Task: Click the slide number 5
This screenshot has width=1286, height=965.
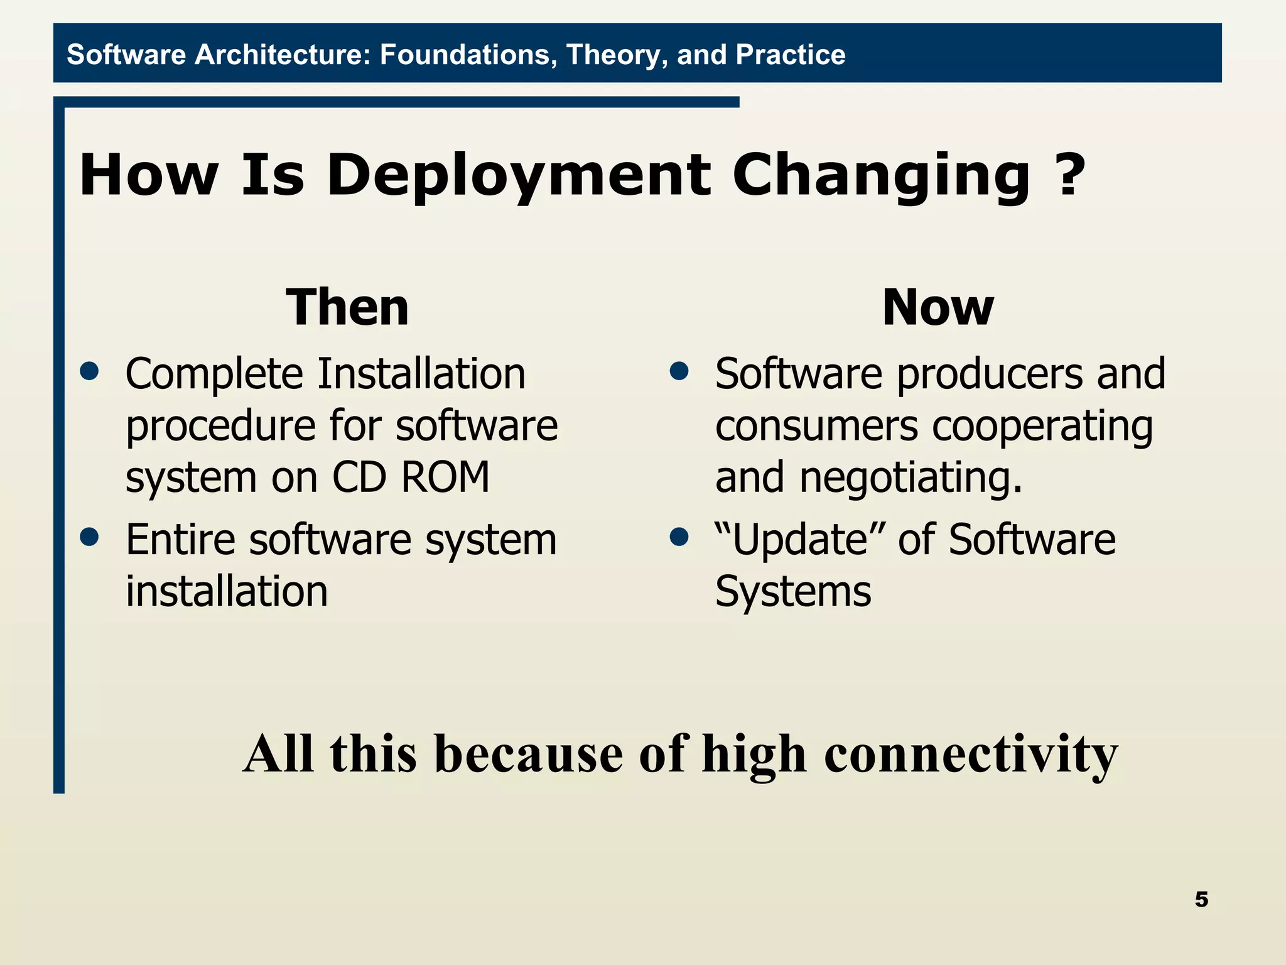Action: [x=1201, y=900]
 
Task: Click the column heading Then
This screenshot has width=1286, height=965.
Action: [x=347, y=307]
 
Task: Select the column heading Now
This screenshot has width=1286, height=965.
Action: [x=937, y=307]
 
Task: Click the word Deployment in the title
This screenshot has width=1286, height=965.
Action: [x=519, y=176]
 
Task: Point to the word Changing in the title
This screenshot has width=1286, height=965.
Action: [x=880, y=176]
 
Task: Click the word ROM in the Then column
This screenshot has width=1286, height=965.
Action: [x=445, y=477]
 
